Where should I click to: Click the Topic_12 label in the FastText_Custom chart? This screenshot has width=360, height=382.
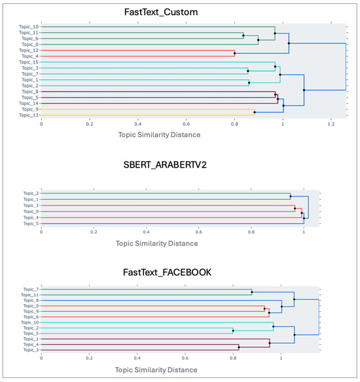[x=29, y=50]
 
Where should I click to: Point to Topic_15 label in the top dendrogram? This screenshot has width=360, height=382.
[x=29, y=62]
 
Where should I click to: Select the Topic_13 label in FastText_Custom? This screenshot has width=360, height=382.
[x=29, y=115]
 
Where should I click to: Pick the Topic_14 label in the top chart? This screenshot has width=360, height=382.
[x=29, y=104]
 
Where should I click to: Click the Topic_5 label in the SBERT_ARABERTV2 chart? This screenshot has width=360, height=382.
[x=30, y=223]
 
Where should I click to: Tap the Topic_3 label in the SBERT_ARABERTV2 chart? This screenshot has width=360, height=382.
[x=30, y=206]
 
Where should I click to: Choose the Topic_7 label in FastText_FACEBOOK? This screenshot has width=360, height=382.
[x=30, y=289]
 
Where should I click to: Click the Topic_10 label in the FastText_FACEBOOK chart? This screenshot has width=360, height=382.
[x=29, y=323]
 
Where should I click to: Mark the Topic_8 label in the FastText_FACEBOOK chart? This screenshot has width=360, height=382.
[x=30, y=300]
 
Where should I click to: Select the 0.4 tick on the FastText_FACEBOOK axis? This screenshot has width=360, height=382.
[x=137, y=358]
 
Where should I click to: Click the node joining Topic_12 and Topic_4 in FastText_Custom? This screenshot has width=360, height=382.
[x=235, y=53]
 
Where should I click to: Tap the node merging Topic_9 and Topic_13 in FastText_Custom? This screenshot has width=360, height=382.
[x=255, y=113]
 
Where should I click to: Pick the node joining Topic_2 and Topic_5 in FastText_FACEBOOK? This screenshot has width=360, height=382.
[x=233, y=331]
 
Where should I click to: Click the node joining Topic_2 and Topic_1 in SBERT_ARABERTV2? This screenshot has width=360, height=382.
[x=291, y=196]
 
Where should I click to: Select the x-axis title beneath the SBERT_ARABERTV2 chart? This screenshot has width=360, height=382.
[x=156, y=243]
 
